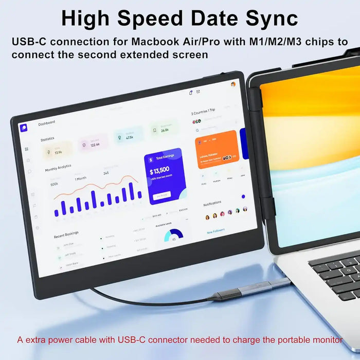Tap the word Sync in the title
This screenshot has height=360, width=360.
(269, 18)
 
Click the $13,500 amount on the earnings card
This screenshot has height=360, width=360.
(159, 171)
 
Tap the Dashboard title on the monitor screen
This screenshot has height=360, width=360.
(46, 123)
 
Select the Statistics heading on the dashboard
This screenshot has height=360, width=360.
(47, 139)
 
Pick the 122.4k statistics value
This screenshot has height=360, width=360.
(95, 146)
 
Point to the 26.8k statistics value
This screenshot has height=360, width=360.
(165, 130)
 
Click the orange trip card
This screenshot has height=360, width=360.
(217, 150)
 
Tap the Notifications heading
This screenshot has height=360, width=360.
(212, 204)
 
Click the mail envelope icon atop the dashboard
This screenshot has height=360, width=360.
(198, 92)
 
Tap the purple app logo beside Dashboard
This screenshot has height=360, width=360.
(24, 128)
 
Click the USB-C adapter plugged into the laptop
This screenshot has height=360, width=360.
(267, 286)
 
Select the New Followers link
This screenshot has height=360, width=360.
(216, 232)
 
